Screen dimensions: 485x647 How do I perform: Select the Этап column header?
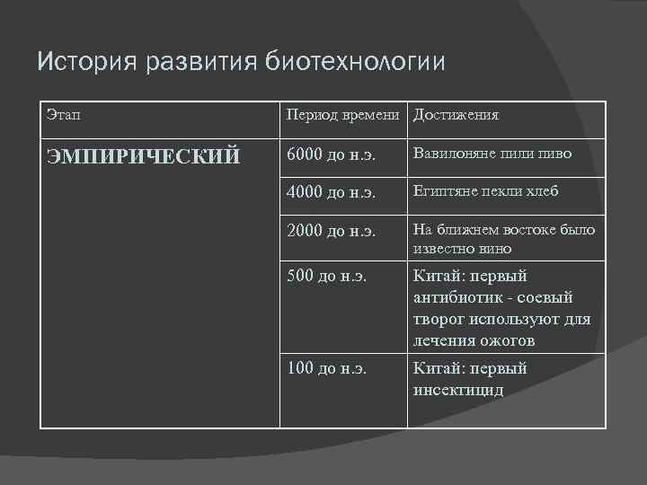coord(62,115)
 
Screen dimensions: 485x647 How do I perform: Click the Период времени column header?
coord(346,115)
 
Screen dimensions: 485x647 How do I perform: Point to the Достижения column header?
coord(456,115)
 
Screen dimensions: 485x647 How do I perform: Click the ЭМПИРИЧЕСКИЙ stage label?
coord(143,156)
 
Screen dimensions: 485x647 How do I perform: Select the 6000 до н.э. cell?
coord(331,154)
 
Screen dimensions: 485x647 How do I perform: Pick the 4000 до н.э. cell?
coord(331,192)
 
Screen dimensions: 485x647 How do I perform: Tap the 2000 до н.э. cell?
coord(331,230)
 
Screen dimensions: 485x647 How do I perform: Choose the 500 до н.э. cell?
coord(327,276)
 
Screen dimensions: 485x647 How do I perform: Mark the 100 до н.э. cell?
coord(327,368)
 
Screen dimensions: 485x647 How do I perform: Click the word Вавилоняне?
coord(457,154)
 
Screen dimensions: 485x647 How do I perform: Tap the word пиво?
coord(554,154)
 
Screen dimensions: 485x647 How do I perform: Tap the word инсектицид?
coord(458,390)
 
